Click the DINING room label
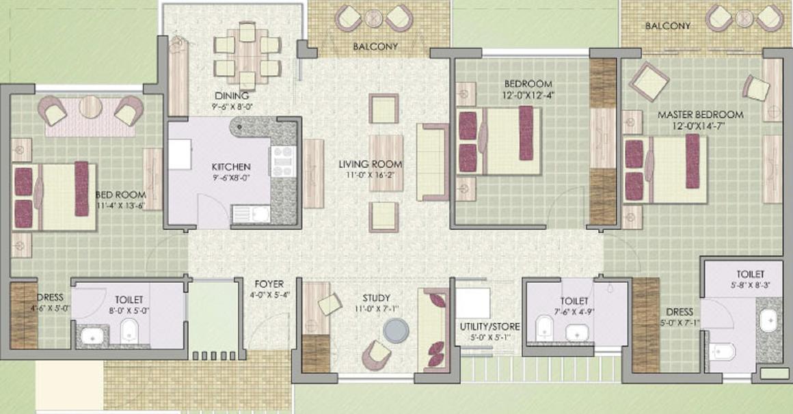pos(226,96)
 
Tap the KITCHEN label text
pos(230,167)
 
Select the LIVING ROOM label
pos(371,164)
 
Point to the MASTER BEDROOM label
pos(700,115)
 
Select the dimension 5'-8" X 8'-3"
pos(745,286)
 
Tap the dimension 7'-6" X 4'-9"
pos(574,312)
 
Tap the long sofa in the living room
pos(431,162)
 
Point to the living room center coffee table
pos(386,153)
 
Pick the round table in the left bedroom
pos(90,107)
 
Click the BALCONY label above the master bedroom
pos(667,26)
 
